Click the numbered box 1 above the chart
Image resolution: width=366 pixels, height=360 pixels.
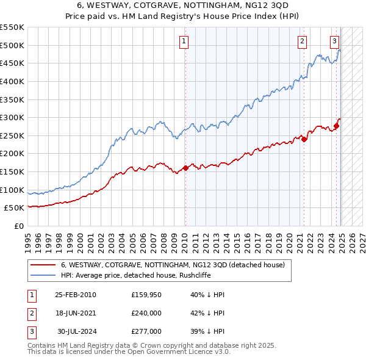point(184,41)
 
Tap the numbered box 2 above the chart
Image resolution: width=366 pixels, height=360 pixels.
point(302,41)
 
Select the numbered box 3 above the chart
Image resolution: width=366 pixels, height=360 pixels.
point(334,41)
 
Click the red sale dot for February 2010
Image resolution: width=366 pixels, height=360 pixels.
point(185,168)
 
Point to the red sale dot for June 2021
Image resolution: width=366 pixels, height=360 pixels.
point(304,139)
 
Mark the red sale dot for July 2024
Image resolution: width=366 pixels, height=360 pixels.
point(336,126)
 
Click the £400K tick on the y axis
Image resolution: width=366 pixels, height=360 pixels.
point(12,81)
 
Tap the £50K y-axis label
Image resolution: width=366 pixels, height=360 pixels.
point(15,208)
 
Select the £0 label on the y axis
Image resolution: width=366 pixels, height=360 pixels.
point(18,226)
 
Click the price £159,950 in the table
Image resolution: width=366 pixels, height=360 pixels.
point(146,295)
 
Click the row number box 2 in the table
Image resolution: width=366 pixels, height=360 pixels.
point(31,313)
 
